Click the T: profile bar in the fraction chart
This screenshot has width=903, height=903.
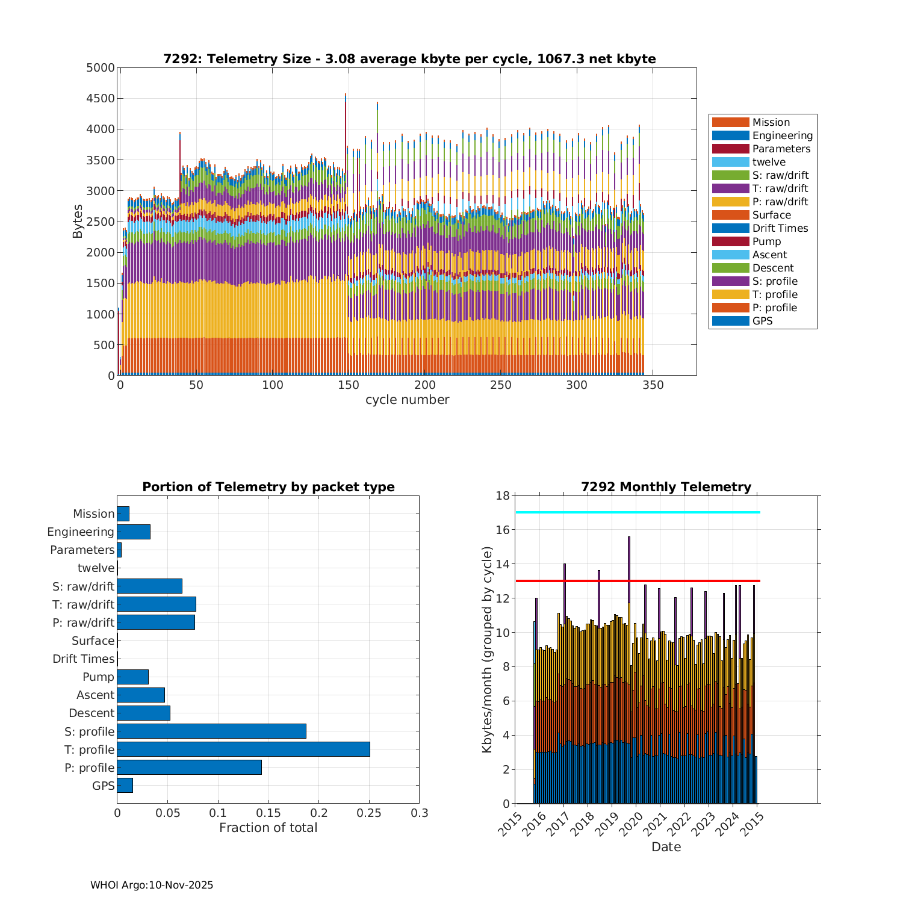243,749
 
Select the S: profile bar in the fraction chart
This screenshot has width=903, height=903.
211,731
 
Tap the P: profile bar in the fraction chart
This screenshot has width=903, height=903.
189,767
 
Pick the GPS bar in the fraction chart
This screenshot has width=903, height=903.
125,785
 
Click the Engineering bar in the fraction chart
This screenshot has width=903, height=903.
134,532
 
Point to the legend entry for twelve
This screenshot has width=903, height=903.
769,162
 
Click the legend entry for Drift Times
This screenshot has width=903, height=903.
780,228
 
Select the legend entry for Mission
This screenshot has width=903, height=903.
771,122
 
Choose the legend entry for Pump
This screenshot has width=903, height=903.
766,241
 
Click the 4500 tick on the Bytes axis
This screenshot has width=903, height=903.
101,98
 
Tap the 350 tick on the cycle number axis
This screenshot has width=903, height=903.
653,385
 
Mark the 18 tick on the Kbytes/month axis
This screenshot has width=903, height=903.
503,495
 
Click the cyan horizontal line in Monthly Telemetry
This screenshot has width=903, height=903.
638,512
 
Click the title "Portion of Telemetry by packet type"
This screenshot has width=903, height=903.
268,487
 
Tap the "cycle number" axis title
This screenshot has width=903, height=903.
408,400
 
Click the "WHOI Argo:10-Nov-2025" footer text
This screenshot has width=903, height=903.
152,885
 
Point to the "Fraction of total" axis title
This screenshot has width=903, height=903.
268,828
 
